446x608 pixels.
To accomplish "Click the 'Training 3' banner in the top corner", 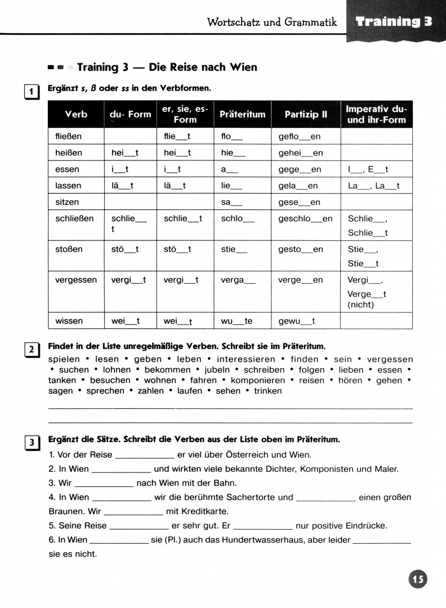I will click(394, 22).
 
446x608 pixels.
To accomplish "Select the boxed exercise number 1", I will click(32, 91).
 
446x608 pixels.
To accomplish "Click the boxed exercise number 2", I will click(32, 350).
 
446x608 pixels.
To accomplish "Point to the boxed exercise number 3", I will click(32, 442).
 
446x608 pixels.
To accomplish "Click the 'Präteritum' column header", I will click(242, 114).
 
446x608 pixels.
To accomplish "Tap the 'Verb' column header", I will click(76, 114).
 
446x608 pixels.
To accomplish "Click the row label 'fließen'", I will click(69, 136).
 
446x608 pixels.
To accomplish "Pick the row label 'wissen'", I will click(69, 321).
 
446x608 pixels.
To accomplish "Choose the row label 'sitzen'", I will click(67, 202).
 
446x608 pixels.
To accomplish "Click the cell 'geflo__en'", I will click(300, 136).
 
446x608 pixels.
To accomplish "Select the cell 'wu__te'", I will click(237, 321).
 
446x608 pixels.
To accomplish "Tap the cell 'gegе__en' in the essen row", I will click(300, 169).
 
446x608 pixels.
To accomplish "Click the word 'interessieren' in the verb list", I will click(246, 359).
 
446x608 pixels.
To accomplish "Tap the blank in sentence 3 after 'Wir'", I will click(104, 483).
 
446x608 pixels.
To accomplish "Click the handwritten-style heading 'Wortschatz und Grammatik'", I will click(272, 22).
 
